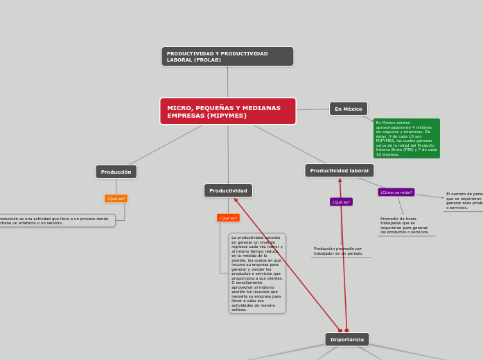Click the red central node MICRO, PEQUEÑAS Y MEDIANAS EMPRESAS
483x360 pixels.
coord(227,111)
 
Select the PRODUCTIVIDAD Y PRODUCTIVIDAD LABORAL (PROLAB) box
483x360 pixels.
coord(227,57)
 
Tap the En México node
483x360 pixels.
coord(348,109)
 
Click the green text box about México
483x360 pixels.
coord(406,138)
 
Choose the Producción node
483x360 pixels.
coord(116,172)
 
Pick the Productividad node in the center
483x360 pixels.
coord(228,190)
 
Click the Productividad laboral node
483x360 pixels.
coord(339,170)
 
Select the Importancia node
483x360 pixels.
coord(346,339)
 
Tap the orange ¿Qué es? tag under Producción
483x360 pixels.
coord(116,199)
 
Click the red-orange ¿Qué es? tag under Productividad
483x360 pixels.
coord(228,218)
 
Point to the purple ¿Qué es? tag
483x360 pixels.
coord(341,202)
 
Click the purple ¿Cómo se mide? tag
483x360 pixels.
coord(396,192)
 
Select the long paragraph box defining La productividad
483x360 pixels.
coord(257,273)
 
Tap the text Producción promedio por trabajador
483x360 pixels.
coord(338,251)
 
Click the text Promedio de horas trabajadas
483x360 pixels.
coord(405,226)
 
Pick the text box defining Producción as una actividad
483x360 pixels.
coord(55,221)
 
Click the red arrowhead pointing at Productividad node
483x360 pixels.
coord(236,200)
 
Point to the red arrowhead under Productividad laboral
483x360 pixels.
coord(340,181)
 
